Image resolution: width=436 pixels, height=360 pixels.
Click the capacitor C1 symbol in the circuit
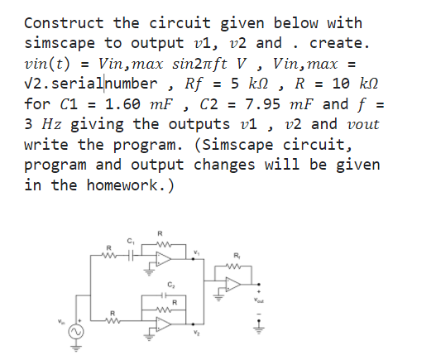point(129,252)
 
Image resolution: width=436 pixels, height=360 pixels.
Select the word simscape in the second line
point(62,43)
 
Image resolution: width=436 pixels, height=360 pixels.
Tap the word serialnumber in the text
point(104,84)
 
